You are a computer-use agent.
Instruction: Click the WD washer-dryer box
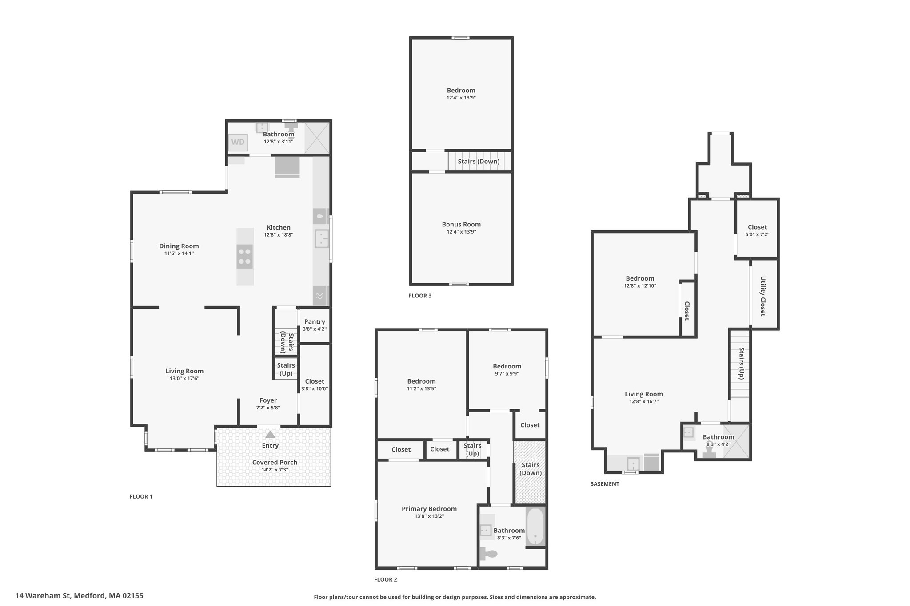click(x=238, y=143)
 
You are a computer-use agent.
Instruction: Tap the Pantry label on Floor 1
click(x=315, y=322)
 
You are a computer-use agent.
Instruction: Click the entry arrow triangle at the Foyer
click(x=270, y=434)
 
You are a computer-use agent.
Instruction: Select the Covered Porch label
click(x=275, y=462)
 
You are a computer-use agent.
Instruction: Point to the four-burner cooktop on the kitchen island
click(x=245, y=257)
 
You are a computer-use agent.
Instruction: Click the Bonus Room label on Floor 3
click(x=461, y=225)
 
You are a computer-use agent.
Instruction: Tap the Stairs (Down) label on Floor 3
click(x=479, y=162)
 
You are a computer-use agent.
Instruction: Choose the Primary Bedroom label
click(x=429, y=509)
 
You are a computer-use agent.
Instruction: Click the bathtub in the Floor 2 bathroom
click(x=535, y=527)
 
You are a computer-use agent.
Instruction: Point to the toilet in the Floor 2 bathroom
click(x=488, y=553)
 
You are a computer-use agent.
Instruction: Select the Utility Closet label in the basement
click(x=763, y=296)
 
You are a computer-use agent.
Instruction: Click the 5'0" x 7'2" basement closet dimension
click(x=757, y=234)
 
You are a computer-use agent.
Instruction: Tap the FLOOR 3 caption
click(x=420, y=296)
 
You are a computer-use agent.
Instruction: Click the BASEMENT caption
click(x=604, y=484)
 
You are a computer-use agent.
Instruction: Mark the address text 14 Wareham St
click(x=43, y=596)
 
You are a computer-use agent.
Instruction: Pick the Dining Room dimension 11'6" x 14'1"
click(x=179, y=253)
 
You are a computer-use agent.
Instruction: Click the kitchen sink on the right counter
click(x=321, y=238)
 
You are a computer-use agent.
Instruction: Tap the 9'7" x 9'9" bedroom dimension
click(x=507, y=374)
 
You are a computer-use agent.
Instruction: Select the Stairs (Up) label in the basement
click(x=741, y=363)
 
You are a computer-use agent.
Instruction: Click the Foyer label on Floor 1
click(x=268, y=400)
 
